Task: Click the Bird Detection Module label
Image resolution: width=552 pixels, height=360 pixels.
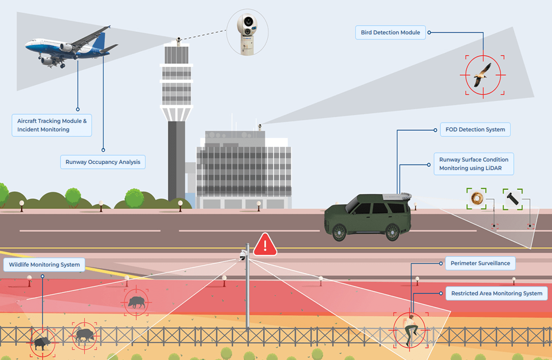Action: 390,33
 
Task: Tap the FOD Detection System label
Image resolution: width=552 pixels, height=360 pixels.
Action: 475,129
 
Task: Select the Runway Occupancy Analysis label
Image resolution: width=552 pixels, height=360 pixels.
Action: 103,162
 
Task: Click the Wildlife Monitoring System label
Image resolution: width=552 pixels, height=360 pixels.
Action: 44,265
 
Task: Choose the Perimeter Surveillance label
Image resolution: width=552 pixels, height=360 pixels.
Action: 480,263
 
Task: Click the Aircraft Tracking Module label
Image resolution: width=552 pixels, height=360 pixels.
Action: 52,125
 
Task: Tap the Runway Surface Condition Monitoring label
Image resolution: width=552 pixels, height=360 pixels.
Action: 473,164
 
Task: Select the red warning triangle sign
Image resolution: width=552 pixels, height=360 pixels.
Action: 265,245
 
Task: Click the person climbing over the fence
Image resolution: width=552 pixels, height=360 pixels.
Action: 409,330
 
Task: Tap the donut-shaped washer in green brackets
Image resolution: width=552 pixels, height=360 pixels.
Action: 476,198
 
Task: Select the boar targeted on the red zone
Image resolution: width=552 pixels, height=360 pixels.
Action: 136,302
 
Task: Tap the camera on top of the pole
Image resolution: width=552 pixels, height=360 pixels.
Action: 243,256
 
